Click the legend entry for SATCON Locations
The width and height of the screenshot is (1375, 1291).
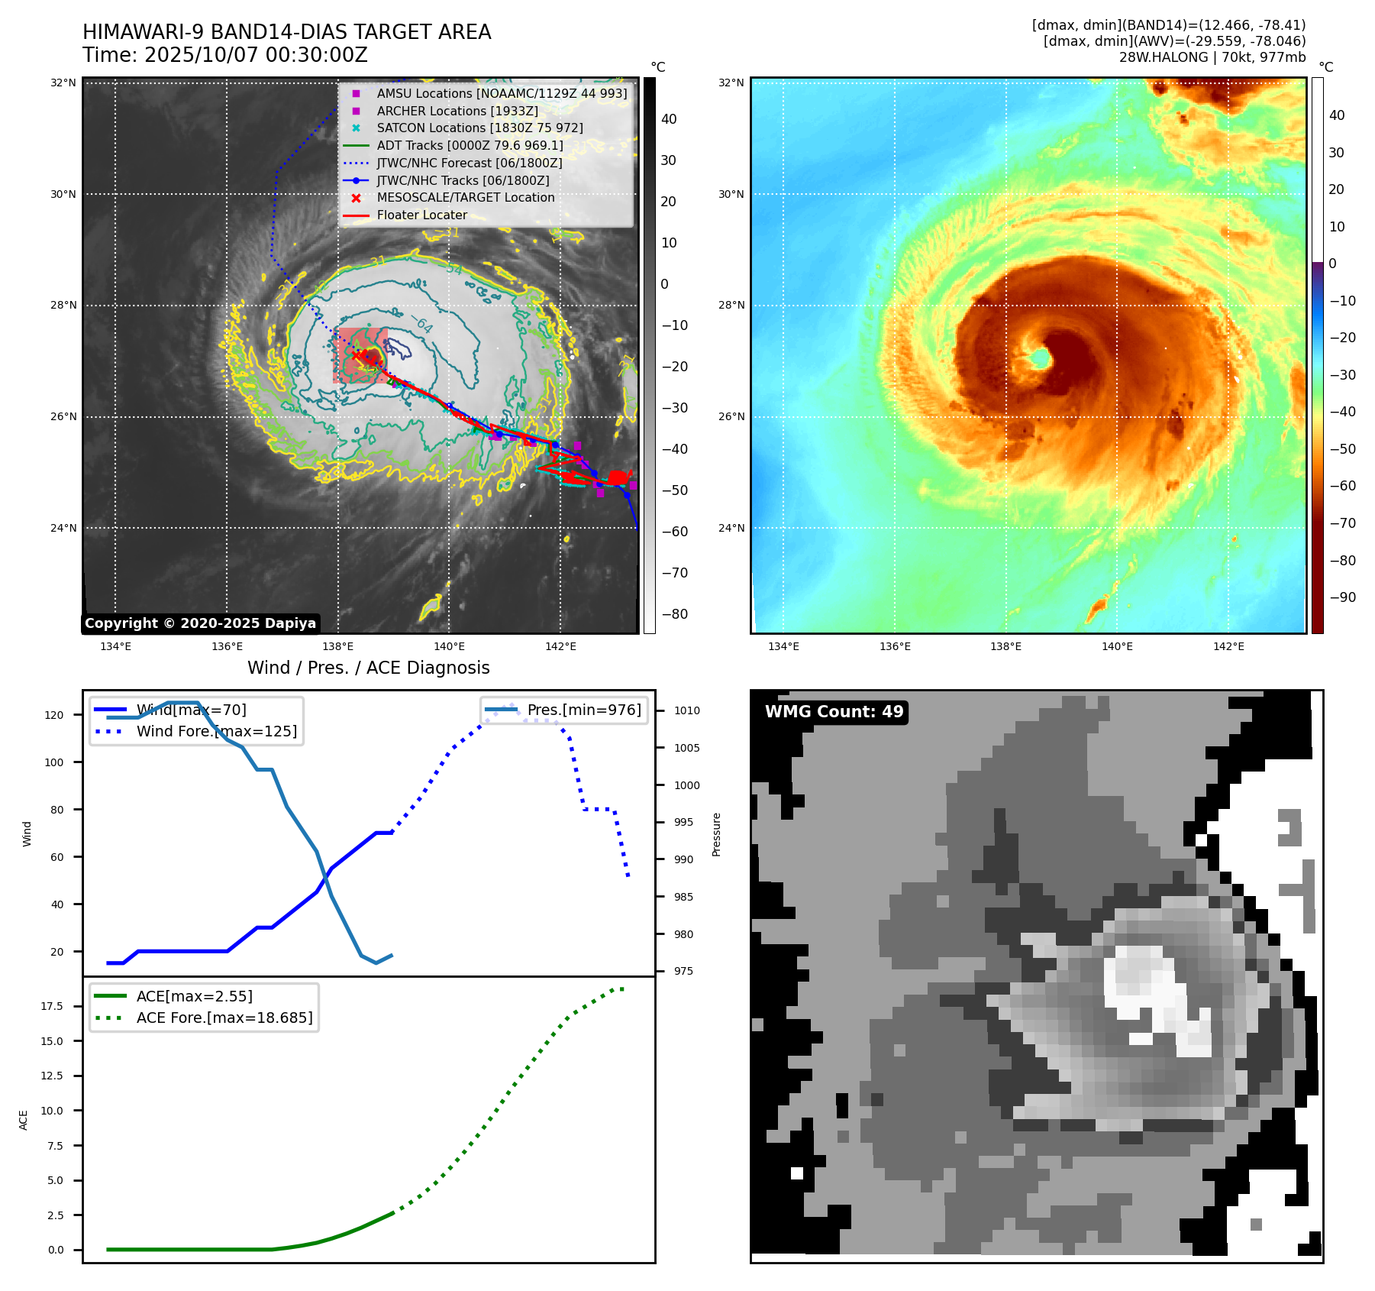tap(479, 128)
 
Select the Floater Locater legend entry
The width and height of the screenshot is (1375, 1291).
tap(421, 215)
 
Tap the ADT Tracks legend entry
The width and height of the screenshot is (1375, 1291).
tap(470, 146)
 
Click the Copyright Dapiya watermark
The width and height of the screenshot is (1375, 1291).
tap(200, 623)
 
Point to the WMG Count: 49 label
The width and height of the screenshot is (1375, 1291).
tap(834, 712)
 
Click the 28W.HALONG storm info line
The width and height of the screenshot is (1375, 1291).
tap(1212, 57)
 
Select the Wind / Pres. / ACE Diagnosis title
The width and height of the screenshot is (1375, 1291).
tap(368, 668)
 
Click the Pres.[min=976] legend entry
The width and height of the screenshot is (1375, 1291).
tap(584, 710)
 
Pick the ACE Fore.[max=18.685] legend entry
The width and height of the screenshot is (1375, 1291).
tap(224, 1018)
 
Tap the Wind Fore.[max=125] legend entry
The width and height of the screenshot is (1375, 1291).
tap(217, 732)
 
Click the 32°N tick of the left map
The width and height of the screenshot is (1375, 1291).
tap(63, 83)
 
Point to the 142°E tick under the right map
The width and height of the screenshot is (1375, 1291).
tap(1228, 647)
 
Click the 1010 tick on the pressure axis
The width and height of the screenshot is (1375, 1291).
tap(686, 710)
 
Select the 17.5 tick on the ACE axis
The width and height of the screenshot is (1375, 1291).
tap(52, 1006)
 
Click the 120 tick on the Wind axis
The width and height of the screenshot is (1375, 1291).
tap(54, 716)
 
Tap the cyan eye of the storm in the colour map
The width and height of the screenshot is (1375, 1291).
tap(1038, 358)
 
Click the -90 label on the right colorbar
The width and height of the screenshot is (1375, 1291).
tap(1342, 597)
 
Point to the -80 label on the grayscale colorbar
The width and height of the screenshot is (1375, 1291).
tap(674, 614)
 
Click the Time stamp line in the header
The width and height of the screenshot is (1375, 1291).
tap(225, 56)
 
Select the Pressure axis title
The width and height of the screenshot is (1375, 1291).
tap(716, 834)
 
